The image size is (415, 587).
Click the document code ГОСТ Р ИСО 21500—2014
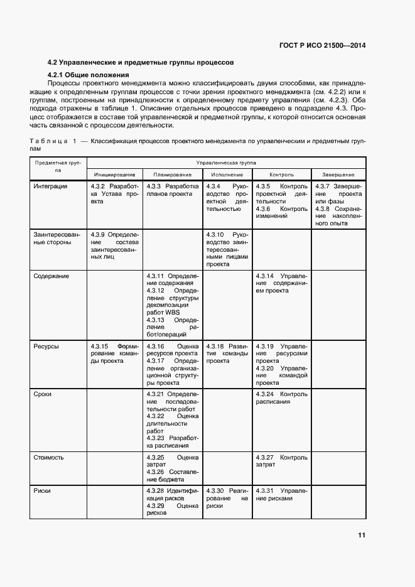pos(322,45)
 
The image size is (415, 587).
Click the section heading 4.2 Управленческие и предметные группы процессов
pos(141,63)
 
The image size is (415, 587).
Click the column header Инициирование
pos(114,174)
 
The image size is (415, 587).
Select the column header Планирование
pos(171,174)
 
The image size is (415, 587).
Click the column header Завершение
pos(338,174)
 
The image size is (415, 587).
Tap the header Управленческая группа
pos(226,162)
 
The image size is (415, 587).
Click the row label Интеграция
pos(51,186)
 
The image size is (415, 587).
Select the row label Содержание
pos(51,276)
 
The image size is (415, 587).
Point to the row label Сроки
pos(43,394)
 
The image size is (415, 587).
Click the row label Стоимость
pos(49,458)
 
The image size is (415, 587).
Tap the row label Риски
pos(43,491)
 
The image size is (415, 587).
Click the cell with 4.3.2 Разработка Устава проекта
pos(114,194)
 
